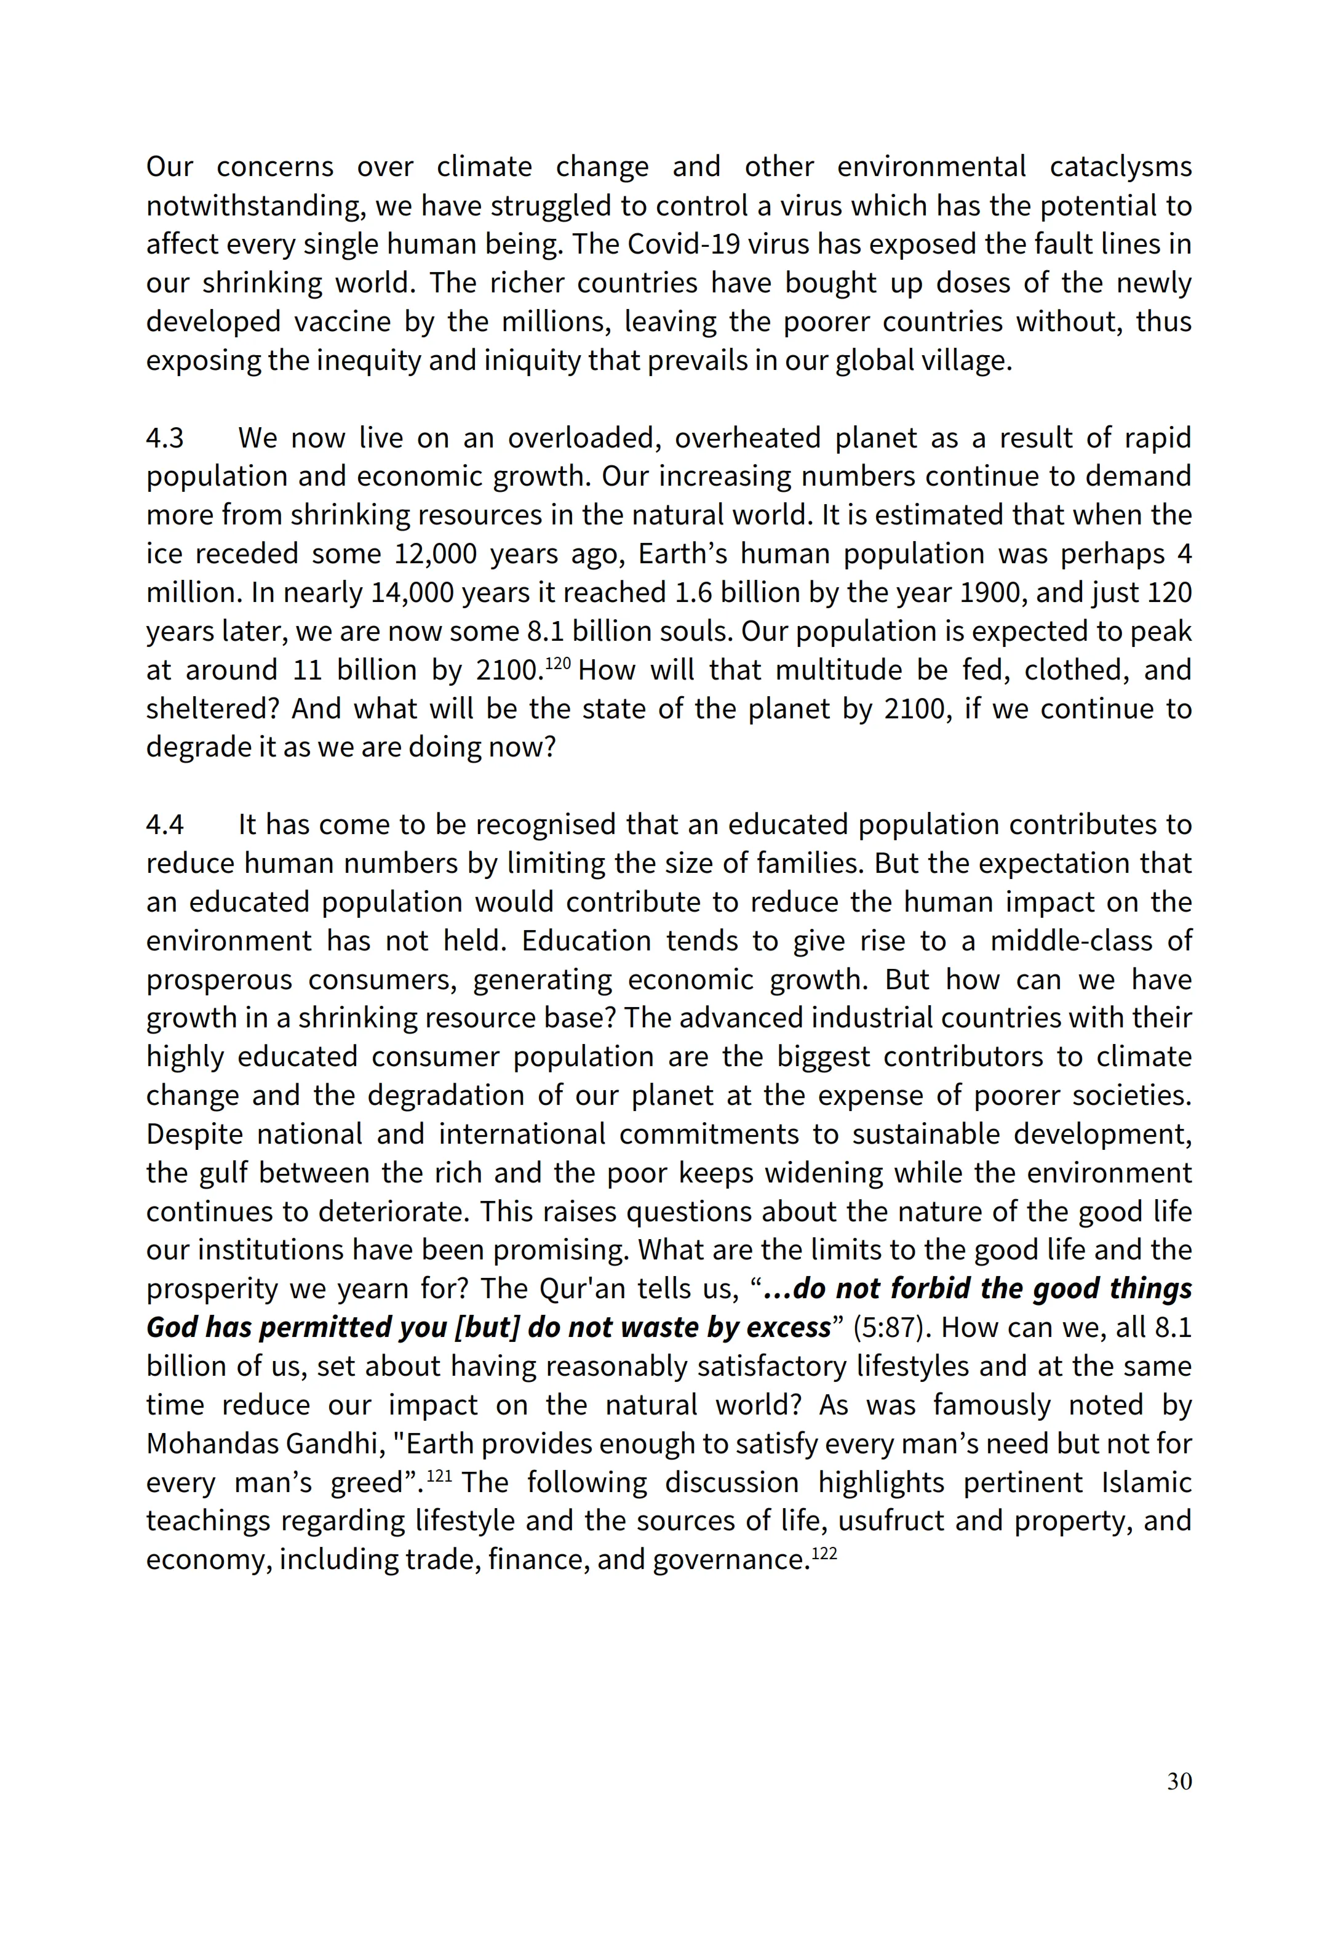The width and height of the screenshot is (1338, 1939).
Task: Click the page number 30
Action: (x=1179, y=1781)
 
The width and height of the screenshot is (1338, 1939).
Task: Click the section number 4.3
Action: (x=164, y=438)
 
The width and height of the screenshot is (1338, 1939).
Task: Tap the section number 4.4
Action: (x=164, y=824)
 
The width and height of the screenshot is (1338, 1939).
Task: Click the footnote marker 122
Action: (x=825, y=1553)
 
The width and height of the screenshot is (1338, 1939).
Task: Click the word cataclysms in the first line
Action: (x=1120, y=167)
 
